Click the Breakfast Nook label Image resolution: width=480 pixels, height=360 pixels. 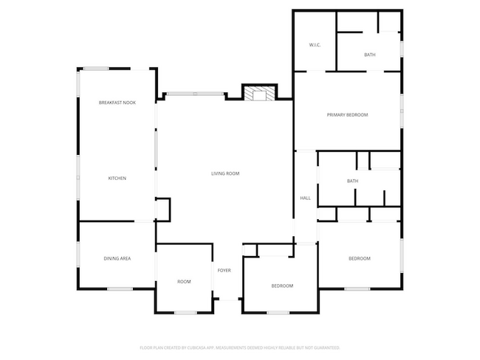point(117,103)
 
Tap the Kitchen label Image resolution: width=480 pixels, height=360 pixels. point(117,179)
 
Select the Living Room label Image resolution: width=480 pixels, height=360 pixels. point(225,173)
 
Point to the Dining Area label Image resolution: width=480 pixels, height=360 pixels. point(117,258)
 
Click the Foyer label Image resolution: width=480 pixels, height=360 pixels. point(224,271)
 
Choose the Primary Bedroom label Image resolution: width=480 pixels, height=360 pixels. point(347,115)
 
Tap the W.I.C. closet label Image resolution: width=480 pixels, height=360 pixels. point(315,46)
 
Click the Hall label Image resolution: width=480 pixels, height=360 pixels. point(305,198)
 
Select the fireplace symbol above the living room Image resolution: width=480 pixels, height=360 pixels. point(258,94)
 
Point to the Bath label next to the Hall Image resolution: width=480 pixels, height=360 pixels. point(352,181)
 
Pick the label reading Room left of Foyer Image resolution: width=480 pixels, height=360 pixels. point(184,282)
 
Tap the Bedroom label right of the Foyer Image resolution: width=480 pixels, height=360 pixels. point(281,285)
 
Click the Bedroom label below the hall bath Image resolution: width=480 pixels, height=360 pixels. point(359,258)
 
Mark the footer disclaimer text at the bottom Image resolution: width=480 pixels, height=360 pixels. point(239,347)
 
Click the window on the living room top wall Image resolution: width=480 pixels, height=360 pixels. point(194,94)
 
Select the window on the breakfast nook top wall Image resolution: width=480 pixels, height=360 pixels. point(96,69)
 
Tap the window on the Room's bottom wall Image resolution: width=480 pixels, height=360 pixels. point(185,313)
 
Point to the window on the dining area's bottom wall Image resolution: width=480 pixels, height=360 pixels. point(118,288)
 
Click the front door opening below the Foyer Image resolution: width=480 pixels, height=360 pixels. point(228,300)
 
